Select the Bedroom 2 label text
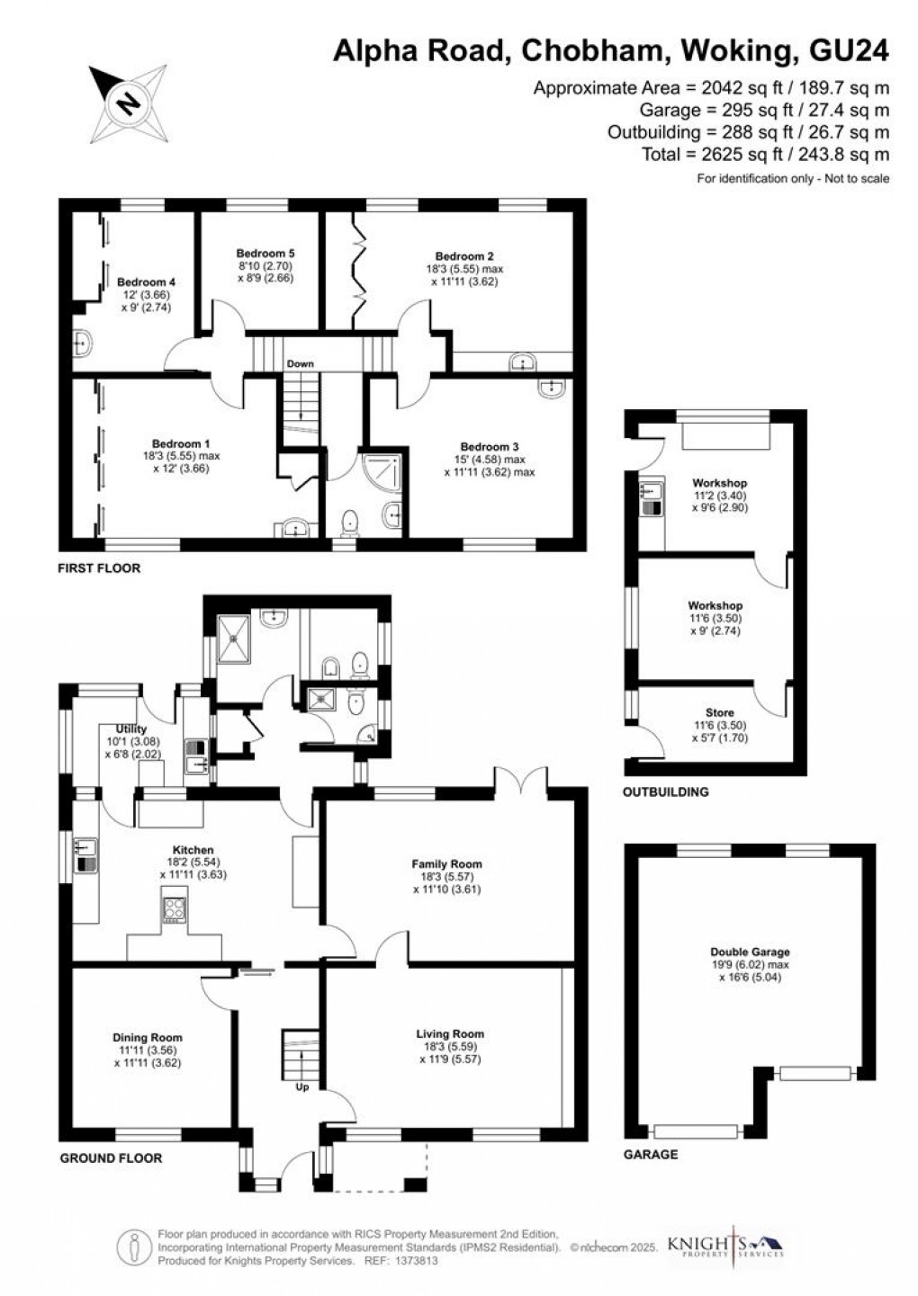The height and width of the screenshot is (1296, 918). pyautogui.click(x=464, y=256)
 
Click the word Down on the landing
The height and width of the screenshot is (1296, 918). pyautogui.click(x=300, y=364)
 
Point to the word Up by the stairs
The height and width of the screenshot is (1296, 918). pyautogui.click(x=302, y=1086)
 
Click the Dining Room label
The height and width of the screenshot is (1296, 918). pyautogui.click(x=148, y=1038)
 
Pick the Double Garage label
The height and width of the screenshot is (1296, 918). pyautogui.click(x=750, y=952)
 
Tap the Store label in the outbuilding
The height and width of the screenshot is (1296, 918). pyautogui.click(x=720, y=713)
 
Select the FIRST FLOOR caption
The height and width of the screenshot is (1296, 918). pyautogui.click(x=99, y=568)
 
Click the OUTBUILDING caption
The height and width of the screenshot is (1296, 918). pyautogui.click(x=666, y=792)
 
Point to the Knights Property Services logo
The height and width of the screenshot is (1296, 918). pyautogui.click(x=724, y=1247)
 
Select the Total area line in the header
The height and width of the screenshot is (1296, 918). pyautogui.click(x=765, y=155)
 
